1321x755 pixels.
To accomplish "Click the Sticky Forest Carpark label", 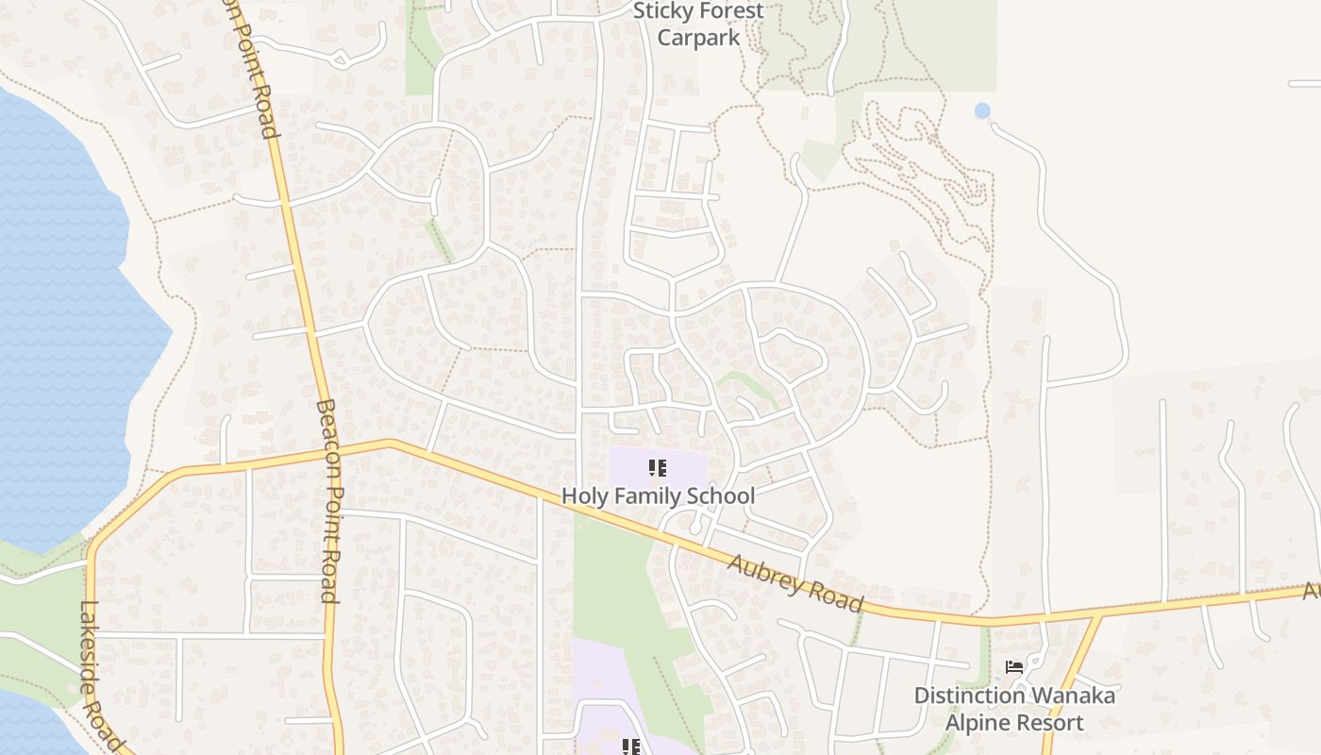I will (698, 25).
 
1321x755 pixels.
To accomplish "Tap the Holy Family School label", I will (658, 495).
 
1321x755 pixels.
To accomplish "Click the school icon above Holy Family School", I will (658, 468).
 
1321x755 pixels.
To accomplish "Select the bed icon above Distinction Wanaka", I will (1014, 667).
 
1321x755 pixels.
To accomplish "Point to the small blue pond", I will (982, 110).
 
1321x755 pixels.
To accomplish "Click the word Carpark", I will (698, 38).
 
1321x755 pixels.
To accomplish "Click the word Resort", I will (1048, 723).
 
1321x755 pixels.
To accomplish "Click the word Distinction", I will (970, 696).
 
